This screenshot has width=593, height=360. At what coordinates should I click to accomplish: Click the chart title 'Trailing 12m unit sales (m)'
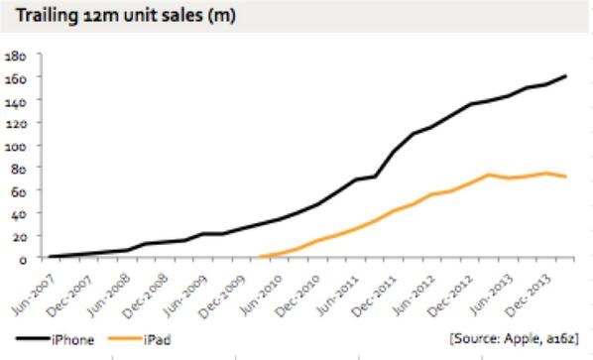(x=126, y=16)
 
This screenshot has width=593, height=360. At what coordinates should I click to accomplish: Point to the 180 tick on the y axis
(x=16, y=57)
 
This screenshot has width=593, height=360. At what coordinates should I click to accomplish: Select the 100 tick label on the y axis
(x=16, y=146)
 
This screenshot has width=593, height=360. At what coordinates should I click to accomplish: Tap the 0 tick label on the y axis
(x=23, y=260)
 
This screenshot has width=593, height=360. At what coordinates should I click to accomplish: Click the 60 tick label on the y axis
(x=19, y=191)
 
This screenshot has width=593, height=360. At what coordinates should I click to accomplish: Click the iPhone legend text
(x=73, y=340)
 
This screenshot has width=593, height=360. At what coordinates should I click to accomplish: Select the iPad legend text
(x=158, y=340)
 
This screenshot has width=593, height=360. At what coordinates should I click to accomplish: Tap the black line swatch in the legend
(x=34, y=338)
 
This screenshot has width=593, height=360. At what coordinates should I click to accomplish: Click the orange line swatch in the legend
(x=125, y=338)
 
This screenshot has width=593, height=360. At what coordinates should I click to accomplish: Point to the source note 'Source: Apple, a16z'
(x=515, y=338)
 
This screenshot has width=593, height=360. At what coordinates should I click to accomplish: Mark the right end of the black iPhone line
(x=566, y=76)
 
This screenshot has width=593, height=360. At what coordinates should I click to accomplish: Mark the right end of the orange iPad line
(x=566, y=177)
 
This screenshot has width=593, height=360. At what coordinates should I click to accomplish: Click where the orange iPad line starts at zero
(x=259, y=257)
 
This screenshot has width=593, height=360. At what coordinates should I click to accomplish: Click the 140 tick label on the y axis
(x=16, y=102)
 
